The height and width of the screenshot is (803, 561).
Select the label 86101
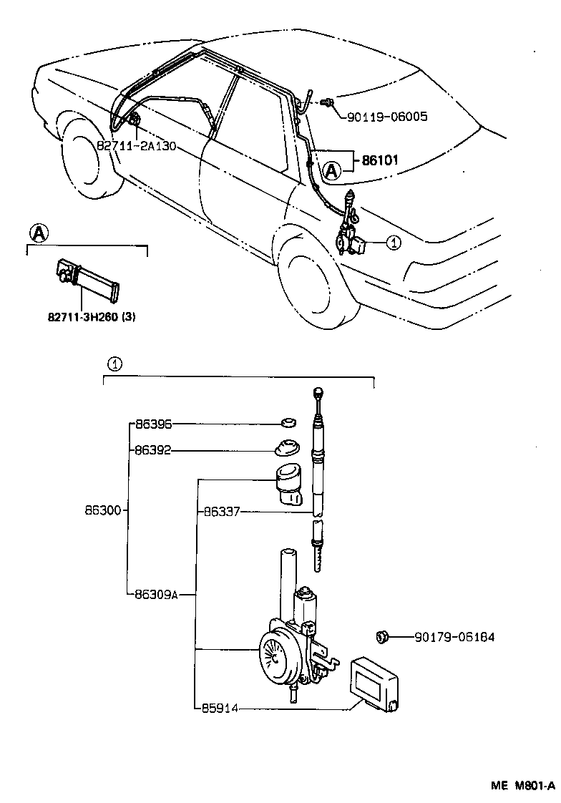pyautogui.click(x=380, y=161)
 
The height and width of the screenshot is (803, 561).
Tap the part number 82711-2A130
pyautogui.click(x=136, y=145)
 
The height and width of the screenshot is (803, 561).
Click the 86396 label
pyautogui.click(x=152, y=424)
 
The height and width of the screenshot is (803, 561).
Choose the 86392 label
pyautogui.click(x=152, y=451)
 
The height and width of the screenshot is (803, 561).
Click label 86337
pyautogui.click(x=220, y=512)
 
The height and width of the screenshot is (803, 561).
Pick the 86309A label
pyautogui.click(x=155, y=593)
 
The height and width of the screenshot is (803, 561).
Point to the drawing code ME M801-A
pyautogui.click(x=522, y=785)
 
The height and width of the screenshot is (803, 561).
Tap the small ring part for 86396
pyautogui.click(x=288, y=422)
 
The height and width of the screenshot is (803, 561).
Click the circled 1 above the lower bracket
pyautogui.click(x=114, y=364)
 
